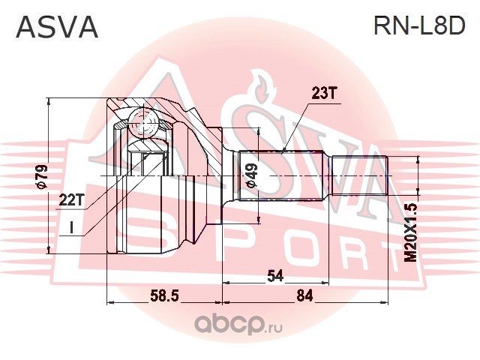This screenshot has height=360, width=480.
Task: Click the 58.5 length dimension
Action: coord(164,295)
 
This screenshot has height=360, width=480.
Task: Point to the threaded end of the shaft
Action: coord(358,177)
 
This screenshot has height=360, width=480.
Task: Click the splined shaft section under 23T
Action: coord(280,177)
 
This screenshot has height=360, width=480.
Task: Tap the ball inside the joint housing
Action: coord(141,120)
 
